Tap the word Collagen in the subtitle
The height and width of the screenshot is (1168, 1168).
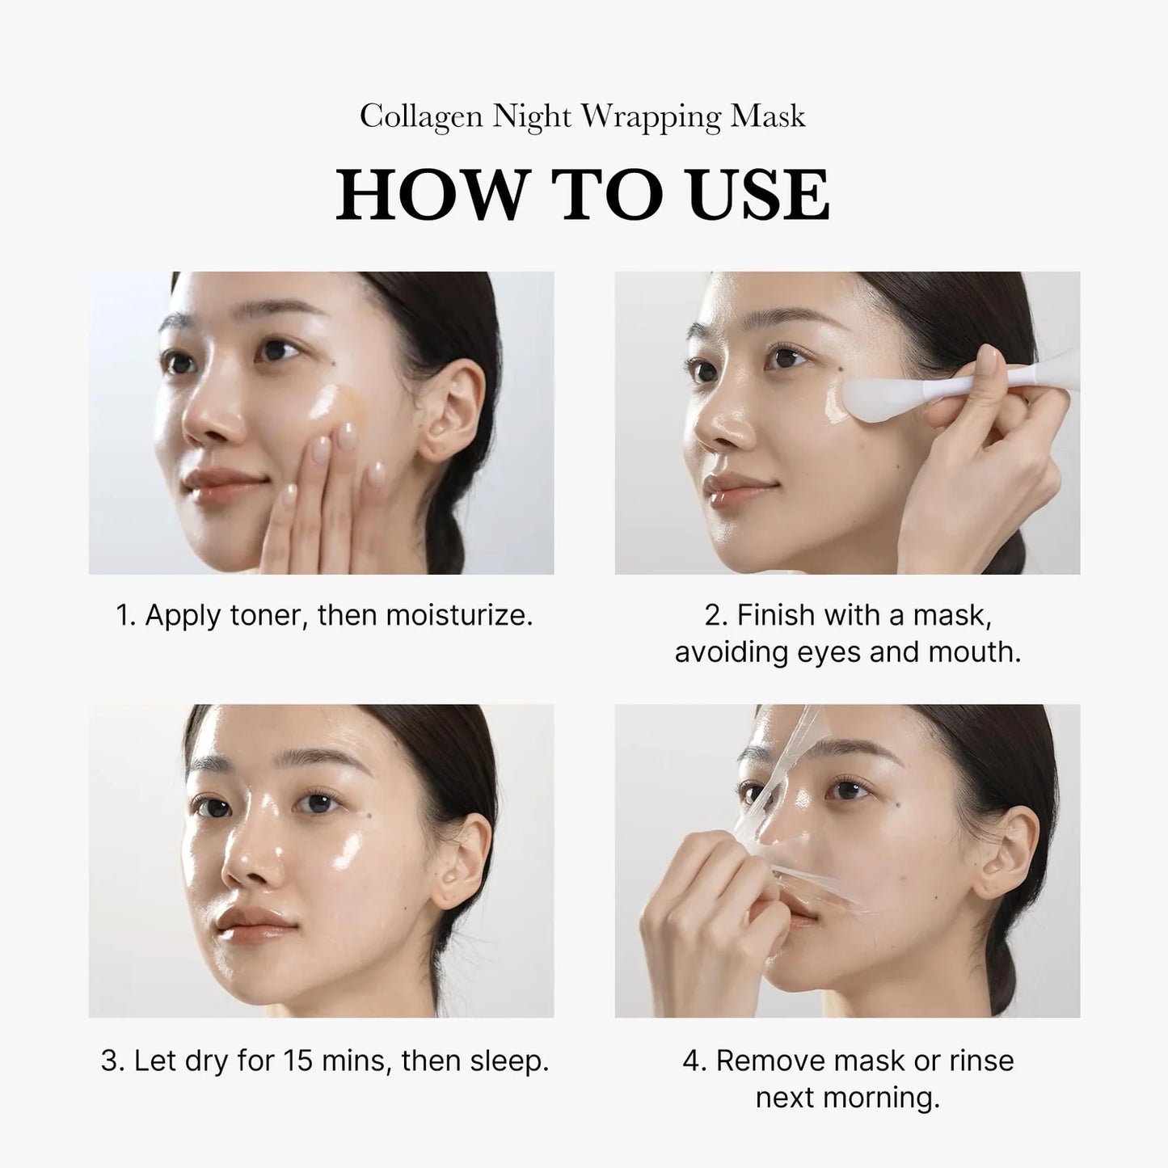pyautogui.click(x=421, y=117)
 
